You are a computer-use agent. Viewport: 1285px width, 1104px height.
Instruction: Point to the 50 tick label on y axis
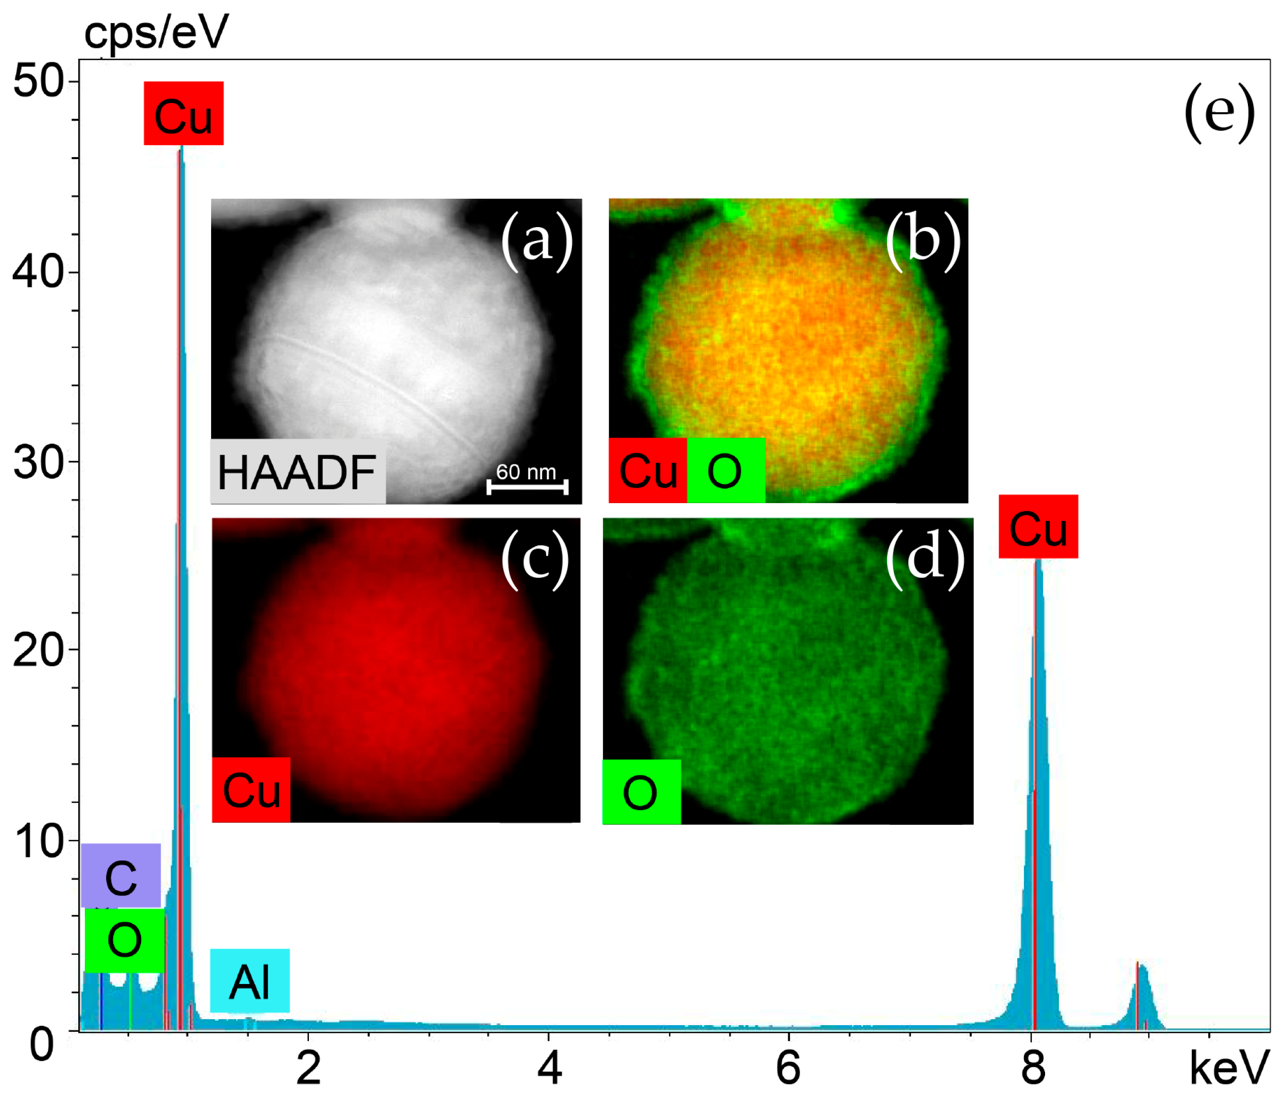tap(39, 81)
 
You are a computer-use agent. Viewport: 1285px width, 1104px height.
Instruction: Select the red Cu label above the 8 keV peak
tap(1038, 527)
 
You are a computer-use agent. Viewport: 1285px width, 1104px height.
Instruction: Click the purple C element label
tap(121, 875)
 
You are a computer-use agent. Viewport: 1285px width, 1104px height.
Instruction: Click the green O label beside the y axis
tap(125, 940)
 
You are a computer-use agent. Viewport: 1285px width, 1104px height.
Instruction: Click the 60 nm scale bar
tap(527, 486)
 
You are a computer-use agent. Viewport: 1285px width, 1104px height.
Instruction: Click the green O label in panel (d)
tap(641, 792)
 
